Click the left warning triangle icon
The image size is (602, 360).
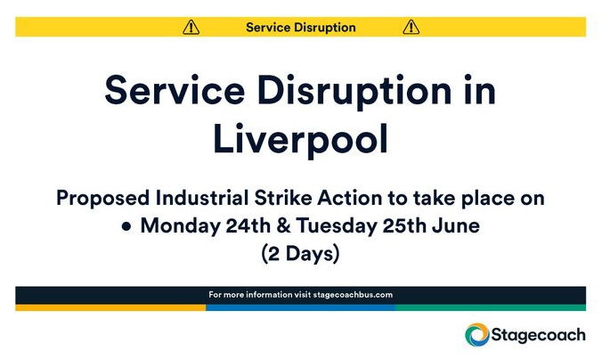[x=191, y=27]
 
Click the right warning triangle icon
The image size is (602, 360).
[x=411, y=27]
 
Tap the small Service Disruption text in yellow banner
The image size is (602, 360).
[x=300, y=27]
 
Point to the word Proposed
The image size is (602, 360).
[x=98, y=198]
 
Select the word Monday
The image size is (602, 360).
[x=175, y=226]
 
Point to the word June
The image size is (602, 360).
[x=457, y=226]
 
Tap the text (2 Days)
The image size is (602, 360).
[x=300, y=254]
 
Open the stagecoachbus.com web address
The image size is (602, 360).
[x=353, y=295]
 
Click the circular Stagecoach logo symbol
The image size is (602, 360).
[x=477, y=335]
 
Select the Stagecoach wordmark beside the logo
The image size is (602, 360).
[x=539, y=335]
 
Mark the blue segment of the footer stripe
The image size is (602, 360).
[x=300, y=307]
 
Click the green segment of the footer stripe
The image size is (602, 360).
[x=491, y=307]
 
